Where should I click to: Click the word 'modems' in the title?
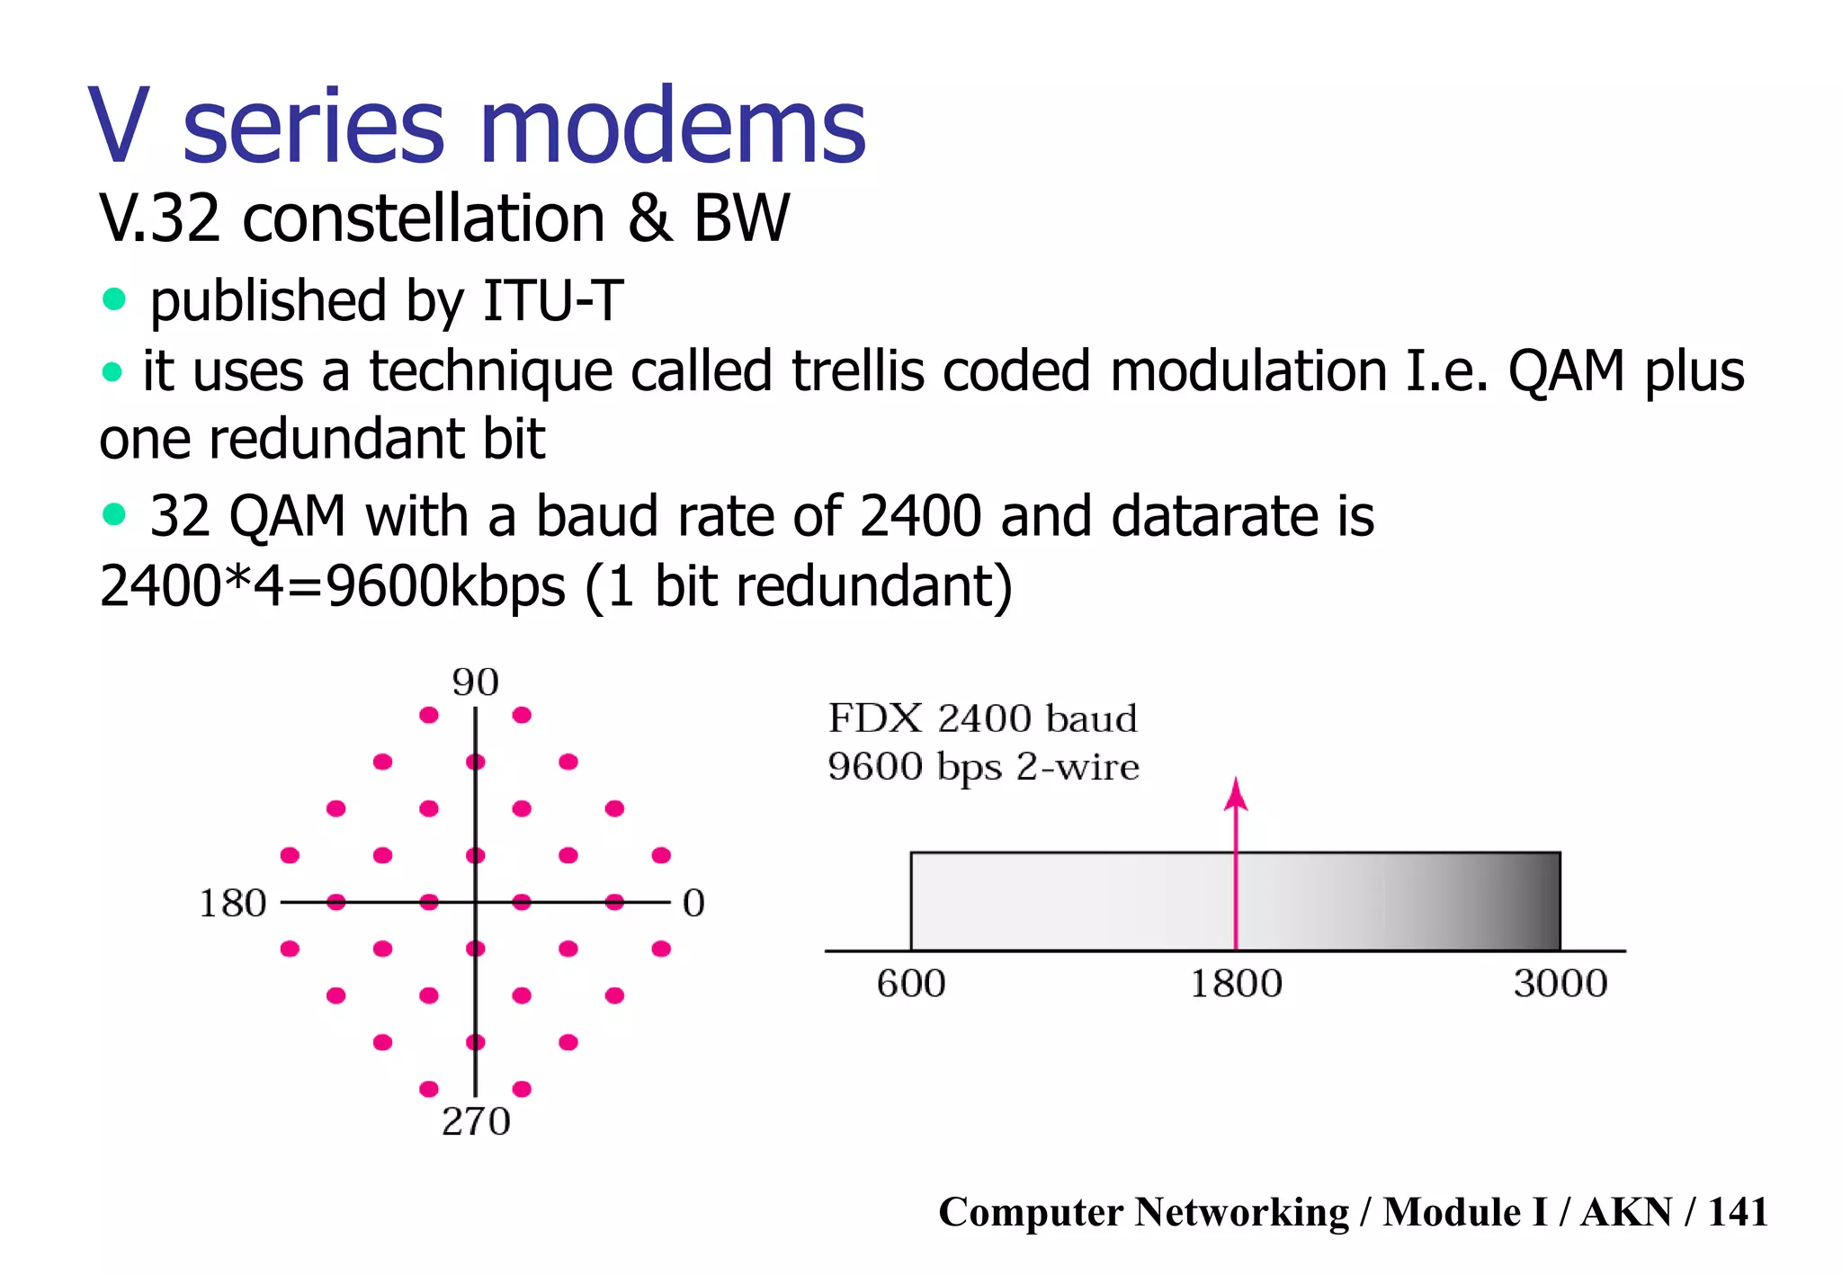point(673,128)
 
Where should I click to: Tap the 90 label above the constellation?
point(475,683)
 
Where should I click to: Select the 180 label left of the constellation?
point(232,904)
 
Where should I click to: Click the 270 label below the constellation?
point(476,1122)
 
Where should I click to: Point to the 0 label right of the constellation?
point(693,904)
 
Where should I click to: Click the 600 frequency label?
point(910,984)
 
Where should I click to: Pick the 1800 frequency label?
point(1236,984)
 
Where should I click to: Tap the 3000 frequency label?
point(1560,984)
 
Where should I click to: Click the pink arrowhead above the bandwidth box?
point(1236,794)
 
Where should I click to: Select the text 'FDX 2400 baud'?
point(982,719)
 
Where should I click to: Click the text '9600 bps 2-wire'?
point(982,767)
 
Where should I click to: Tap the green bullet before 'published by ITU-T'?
point(114,299)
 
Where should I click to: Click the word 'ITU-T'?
point(552,300)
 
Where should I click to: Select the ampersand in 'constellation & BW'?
point(649,218)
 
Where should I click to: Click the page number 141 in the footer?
point(1737,1212)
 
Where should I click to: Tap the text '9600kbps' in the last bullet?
point(445,586)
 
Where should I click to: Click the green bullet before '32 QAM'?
point(114,514)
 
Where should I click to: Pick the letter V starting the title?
point(119,128)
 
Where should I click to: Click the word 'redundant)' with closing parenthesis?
point(873,586)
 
